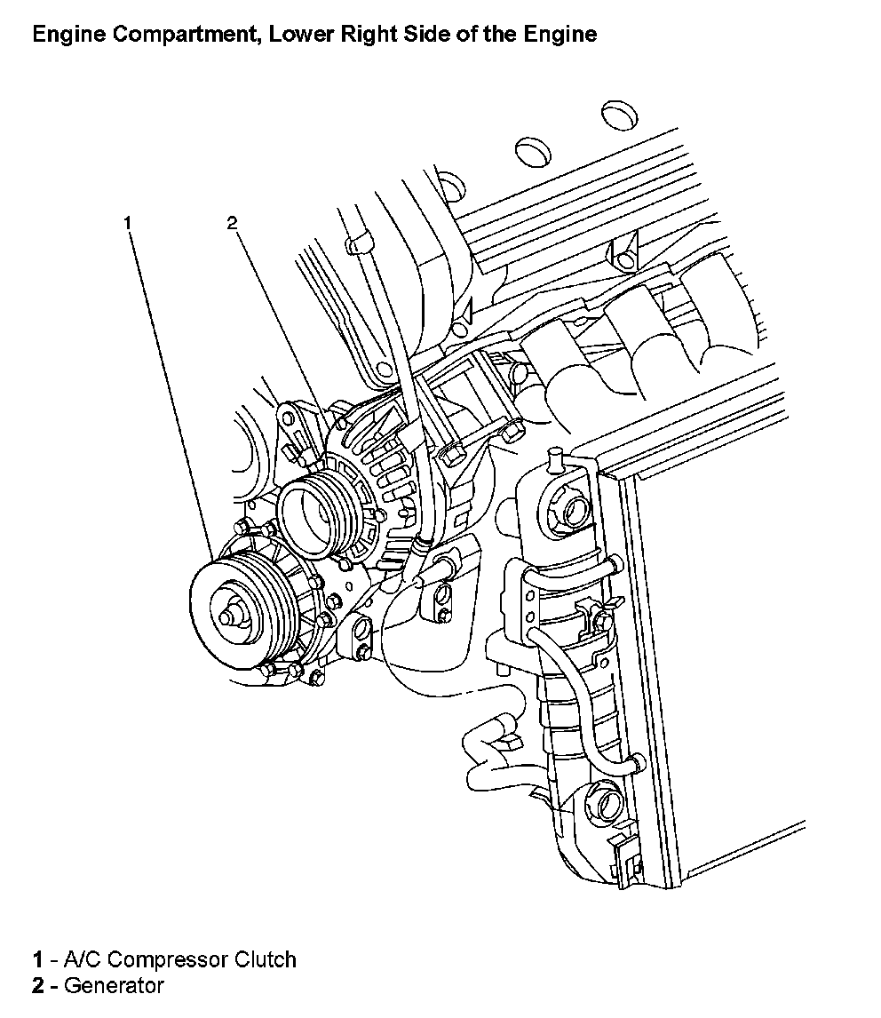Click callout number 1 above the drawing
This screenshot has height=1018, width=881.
128,223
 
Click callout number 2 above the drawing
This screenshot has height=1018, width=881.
233,223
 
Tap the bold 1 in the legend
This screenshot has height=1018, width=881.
39,959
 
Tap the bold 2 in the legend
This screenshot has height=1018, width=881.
39,985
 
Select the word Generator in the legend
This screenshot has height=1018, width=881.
114,985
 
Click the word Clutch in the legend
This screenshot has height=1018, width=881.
265,959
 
